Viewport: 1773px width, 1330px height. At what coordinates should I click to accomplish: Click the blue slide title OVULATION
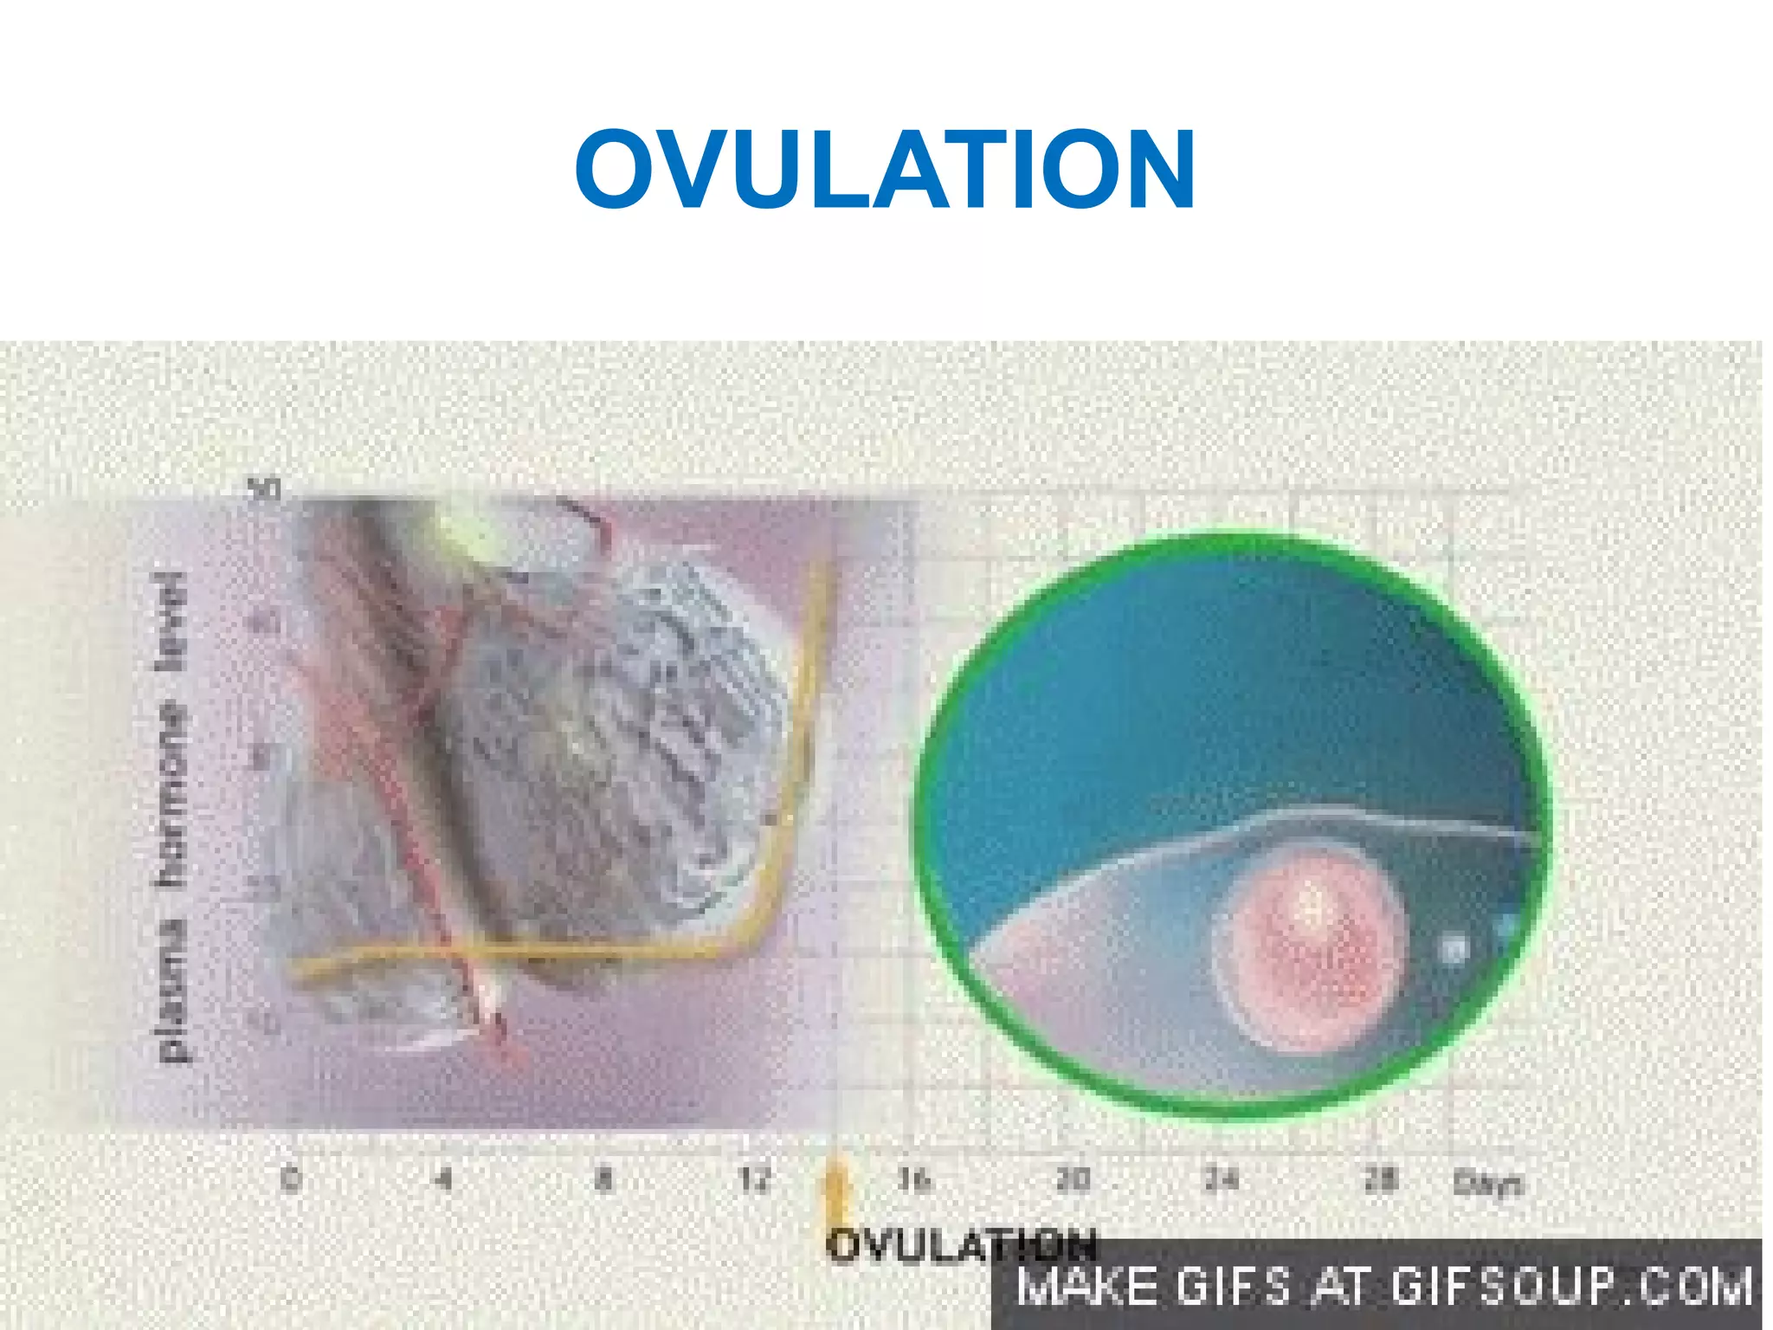point(885,170)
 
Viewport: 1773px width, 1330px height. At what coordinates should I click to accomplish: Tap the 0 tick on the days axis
point(292,1179)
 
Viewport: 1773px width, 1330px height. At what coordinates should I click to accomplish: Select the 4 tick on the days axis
point(443,1179)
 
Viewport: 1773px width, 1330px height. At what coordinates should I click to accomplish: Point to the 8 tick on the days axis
point(603,1179)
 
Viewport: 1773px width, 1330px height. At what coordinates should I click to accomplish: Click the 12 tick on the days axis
point(755,1179)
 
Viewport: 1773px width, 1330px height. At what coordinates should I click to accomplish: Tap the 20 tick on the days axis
point(1073,1179)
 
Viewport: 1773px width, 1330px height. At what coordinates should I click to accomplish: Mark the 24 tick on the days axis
point(1222,1179)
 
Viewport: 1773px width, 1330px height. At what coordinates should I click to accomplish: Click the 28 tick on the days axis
point(1380,1179)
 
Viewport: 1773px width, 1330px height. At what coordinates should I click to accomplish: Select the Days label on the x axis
point(1487,1183)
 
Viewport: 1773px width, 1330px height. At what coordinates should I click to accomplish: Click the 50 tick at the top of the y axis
point(264,490)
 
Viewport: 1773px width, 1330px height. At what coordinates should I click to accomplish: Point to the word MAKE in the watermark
point(1087,1285)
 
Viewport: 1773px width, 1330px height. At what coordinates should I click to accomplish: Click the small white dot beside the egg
point(1454,949)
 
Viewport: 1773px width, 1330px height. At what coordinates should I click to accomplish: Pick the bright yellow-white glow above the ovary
point(463,533)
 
